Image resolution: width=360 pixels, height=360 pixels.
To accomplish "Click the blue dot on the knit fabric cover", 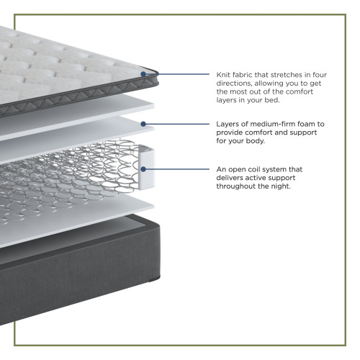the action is tap(143, 74).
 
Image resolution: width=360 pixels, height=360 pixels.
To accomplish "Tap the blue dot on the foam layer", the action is tap(143, 124).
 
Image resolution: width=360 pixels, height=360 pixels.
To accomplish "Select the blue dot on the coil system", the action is tap(143, 169).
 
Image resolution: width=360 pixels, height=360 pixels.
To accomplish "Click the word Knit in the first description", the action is tap(222, 75).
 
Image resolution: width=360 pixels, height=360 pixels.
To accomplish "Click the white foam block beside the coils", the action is tap(147, 167).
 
